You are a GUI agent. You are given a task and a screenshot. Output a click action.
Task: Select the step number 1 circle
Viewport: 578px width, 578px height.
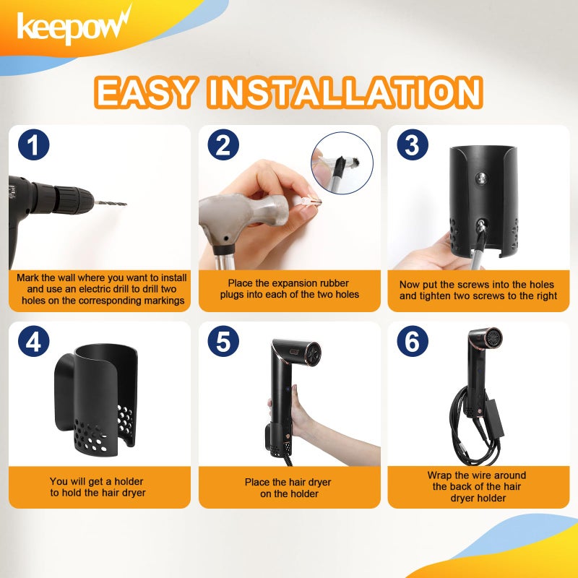click(x=33, y=145)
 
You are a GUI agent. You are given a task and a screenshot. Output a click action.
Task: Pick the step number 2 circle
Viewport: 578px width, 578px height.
click(x=223, y=145)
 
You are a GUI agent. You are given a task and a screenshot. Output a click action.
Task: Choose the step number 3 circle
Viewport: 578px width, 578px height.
click(x=412, y=145)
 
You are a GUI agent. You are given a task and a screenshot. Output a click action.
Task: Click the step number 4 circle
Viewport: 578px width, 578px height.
click(x=33, y=342)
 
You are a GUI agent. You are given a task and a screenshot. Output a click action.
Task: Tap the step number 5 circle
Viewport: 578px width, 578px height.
click(x=223, y=342)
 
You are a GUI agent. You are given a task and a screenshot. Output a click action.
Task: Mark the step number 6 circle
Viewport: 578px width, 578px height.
click(x=412, y=342)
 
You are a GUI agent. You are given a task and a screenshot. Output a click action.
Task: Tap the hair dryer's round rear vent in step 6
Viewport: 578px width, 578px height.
click(x=493, y=337)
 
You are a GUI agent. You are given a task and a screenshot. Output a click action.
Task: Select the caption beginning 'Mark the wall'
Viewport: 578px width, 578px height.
click(x=100, y=289)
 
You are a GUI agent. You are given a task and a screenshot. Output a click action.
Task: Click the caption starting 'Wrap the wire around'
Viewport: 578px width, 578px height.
click(x=477, y=487)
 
